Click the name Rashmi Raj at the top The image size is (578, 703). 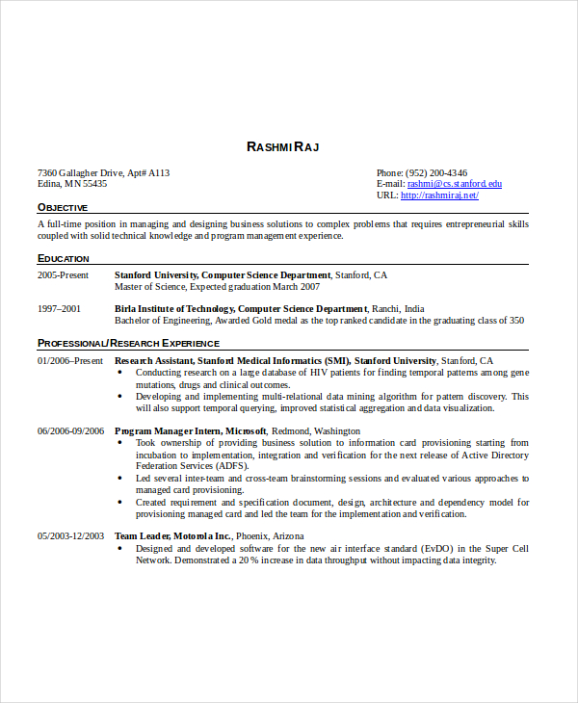pyautogui.click(x=282, y=146)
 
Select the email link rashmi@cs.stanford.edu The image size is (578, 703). pyautogui.click(x=454, y=183)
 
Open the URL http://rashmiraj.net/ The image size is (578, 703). pyautogui.click(x=439, y=195)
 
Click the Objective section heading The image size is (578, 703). pyautogui.click(x=63, y=207)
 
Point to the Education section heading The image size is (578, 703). pyautogui.click(x=64, y=258)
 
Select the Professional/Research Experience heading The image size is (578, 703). pyautogui.click(x=128, y=343)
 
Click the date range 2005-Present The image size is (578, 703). pyautogui.click(x=63, y=275)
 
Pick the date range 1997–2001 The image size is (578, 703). pyautogui.click(x=59, y=309)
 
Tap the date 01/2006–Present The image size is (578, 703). pyautogui.click(x=69, y=360)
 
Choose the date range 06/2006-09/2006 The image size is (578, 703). pyautogui.click(x=70, y=431)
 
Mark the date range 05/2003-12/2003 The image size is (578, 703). pyautogui.click(x=70, y=536)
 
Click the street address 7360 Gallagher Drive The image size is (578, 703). pyautogui.click(x=92, y=173)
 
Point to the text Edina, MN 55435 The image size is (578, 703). pyautogui.click(x=72, y=184)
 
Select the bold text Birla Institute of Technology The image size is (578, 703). pyautogui.click(x=173, y=309)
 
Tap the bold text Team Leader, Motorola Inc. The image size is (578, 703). pyautogui.click(x=173, y=536)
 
